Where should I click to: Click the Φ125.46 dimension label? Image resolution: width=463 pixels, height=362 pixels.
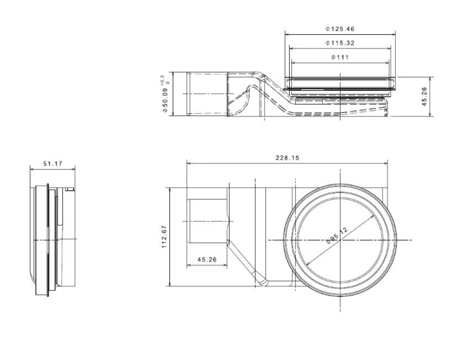coord(340,29)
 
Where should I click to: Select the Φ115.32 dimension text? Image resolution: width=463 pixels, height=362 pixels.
coord(340,43)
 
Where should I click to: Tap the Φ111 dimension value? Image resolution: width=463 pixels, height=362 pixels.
coord(340,57)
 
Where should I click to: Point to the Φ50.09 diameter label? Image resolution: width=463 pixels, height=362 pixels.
coord(165,99)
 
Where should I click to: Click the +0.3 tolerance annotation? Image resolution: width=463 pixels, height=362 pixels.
coord(162,79)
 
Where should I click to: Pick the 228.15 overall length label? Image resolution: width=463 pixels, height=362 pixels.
coord(288,158)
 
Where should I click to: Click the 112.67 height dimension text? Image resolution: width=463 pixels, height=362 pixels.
coord(164,237)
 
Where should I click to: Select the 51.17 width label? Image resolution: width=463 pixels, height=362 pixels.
coord(53,164)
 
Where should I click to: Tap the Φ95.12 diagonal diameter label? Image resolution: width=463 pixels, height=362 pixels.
coord(337,235)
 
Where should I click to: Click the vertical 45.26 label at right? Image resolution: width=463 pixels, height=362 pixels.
coord(424,96)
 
